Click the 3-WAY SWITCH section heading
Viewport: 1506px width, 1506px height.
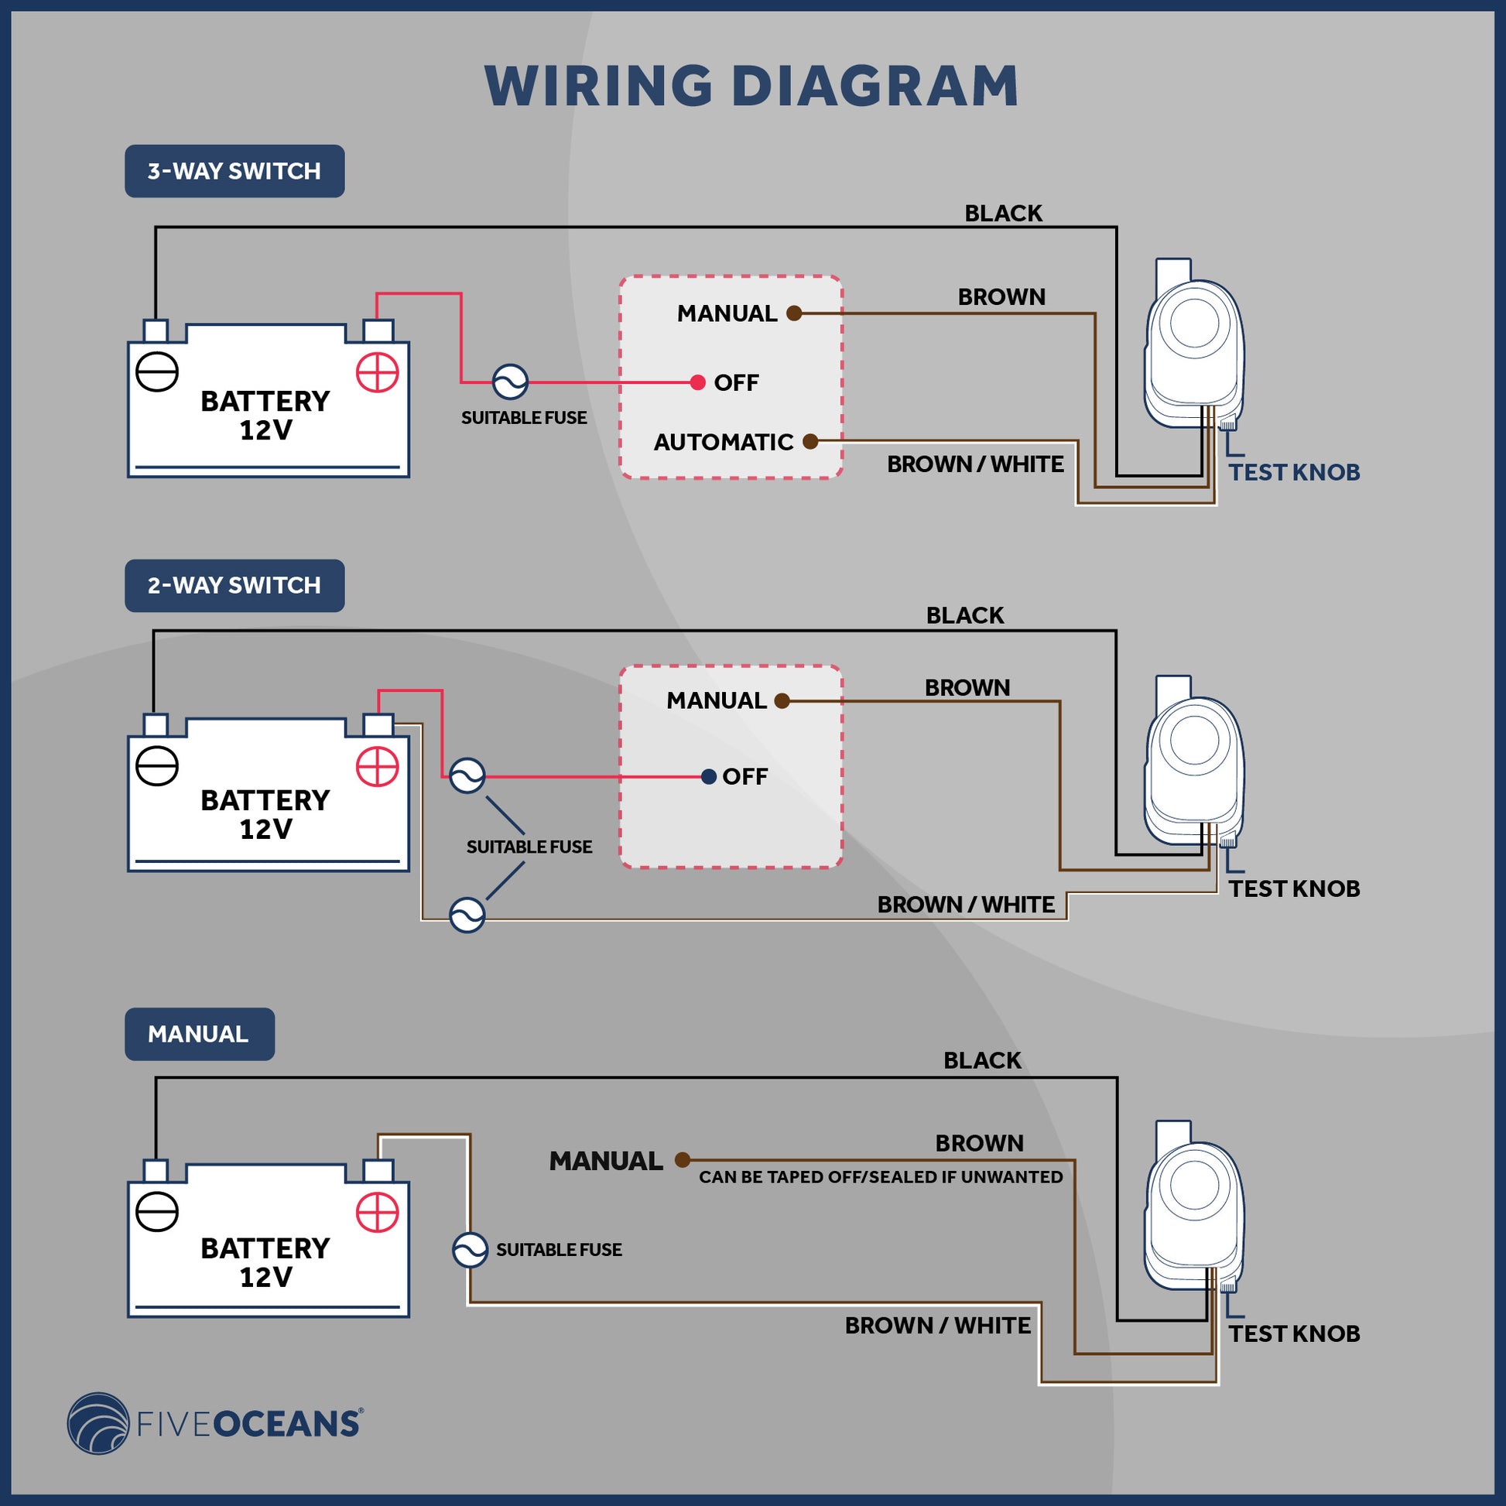(234, 171)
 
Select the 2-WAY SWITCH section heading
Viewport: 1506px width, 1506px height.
(234, 585)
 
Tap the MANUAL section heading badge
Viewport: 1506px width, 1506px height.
(199, 1034)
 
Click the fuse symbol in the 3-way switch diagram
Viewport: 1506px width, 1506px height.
(511, 382)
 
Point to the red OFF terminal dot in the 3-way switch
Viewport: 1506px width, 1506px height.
(697, 382)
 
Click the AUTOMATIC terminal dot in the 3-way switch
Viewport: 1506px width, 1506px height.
(810, 442)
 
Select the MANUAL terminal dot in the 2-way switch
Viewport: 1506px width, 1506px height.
(782, 701)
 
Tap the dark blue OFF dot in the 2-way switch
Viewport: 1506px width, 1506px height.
(709, 776)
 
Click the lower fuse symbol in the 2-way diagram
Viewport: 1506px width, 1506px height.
(467, 916)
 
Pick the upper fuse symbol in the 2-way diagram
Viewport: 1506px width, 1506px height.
(467, 776)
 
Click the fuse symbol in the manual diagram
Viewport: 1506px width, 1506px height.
(470, 1250)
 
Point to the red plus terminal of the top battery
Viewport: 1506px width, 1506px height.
(378, 372)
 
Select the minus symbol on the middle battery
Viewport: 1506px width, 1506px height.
(156, 766)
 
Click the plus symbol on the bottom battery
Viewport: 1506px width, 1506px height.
(378, 1212)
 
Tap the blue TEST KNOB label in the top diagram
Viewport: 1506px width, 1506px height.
(1294, 472)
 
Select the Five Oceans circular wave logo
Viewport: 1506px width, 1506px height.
(98, 1423)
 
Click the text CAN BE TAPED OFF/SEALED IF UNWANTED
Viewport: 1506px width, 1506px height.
(880, 1177)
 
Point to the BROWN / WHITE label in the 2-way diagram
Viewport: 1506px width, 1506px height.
(966, 904)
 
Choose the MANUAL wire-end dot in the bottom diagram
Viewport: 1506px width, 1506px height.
(682, 1160)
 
